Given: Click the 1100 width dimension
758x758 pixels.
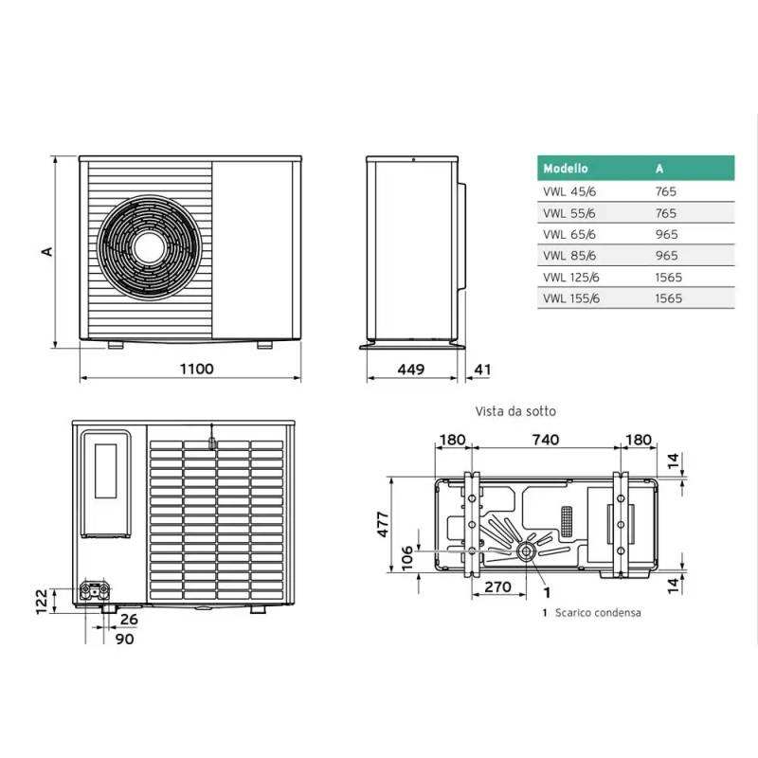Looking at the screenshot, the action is pyautogui.click(x=197, y=369).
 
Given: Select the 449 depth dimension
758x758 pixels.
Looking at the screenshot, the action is pyautogui.click(x=411, y=370).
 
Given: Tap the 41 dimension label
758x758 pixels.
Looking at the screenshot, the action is pyautogui.click(x=482, y=370).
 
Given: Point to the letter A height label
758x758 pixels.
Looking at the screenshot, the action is pyautogui.click(x=46, y=251).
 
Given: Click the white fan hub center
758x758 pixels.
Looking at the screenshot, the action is pyautogui.click(x=150, y=248).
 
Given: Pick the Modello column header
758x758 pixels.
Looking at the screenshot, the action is pyautogui.click(x=565, y=169).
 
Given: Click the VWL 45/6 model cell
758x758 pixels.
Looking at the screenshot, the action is pyautogui.click(x=569, y=191).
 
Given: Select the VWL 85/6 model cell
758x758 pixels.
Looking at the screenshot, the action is pyautogui.click(x=569, y=255).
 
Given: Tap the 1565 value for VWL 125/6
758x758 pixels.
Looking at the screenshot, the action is pyautogui.click(x=669, y=277).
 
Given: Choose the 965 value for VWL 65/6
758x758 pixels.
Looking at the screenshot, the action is pyautogui.click(x=667, y=234).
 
